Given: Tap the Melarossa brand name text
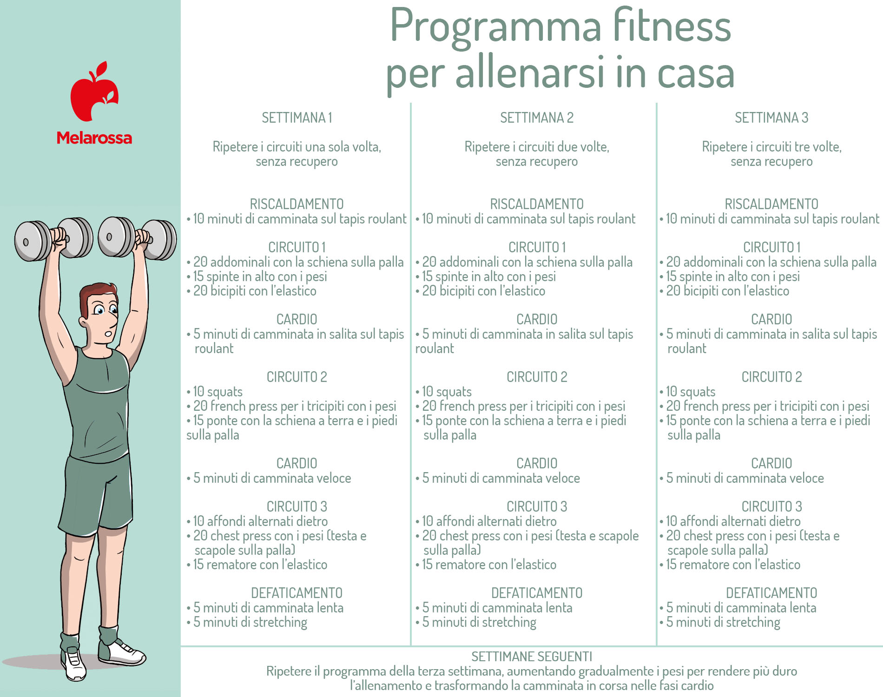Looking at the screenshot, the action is coord(94,138).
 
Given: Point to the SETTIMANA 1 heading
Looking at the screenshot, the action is coord(297,118).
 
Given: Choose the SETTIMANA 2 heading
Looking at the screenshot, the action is coord(537,118).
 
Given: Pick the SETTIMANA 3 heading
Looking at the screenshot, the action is coord(771,118).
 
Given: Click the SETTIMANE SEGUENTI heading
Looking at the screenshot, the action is coord(532,657).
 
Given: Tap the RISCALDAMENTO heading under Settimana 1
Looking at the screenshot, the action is coord(297,204).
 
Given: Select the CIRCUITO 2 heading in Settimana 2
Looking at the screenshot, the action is coord(537,377).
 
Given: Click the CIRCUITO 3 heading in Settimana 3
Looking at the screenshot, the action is coord(771,506).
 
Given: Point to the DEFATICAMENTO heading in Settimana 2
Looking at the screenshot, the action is coord(537,593).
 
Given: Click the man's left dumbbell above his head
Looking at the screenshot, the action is coord(138,238).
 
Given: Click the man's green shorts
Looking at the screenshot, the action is coord(98,495).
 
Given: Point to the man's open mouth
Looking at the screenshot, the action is coord(108,333).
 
